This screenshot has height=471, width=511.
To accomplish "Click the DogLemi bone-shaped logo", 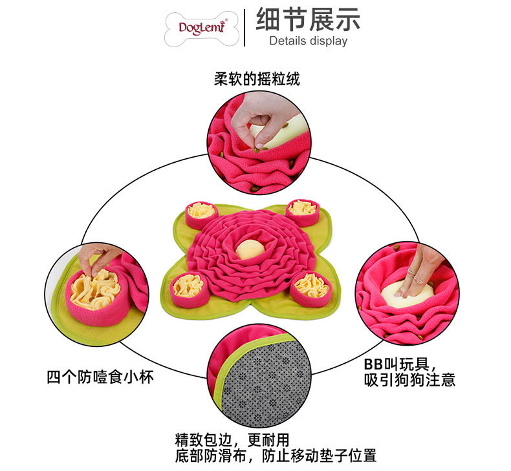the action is click(x=202, y=28).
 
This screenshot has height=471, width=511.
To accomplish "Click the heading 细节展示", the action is click(x=308, y=19).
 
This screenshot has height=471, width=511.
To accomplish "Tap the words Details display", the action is click(x=309, y=41).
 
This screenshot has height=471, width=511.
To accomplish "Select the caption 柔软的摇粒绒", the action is click(x=257, y=79).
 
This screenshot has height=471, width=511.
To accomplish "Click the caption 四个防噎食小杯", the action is click(x=100, y=377).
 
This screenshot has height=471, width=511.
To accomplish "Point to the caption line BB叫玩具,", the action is click(x=400, y=364).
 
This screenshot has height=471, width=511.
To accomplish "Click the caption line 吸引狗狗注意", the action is click(x=409, y=379).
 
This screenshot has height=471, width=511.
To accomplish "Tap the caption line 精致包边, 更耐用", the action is click(x=232, y=440).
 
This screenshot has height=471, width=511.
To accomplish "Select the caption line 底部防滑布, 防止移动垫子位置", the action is click(x=276, y=455).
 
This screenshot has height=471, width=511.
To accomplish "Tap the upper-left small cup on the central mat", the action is click(x=202, y=215).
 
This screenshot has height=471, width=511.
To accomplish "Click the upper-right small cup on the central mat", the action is click(x=303, y=213).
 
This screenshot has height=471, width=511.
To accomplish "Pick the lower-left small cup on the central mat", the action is click(x=189, y=290).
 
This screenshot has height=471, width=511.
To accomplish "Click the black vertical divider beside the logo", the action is click(x=245, y=28).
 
